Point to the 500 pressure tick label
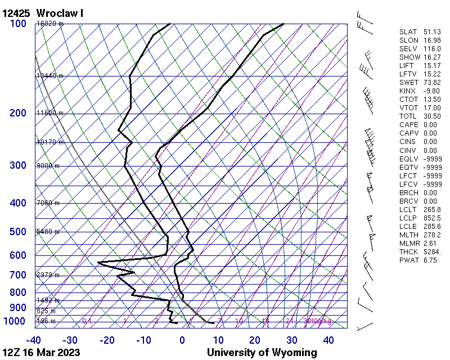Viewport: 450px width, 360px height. pyautogui.click(x=18, y=232)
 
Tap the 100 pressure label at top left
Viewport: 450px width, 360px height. pyautogui.click(x=18, y=24)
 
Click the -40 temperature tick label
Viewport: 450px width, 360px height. pyautogui.click(x=34, y=340)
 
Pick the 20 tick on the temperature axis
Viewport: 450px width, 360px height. pyautogui.click(x=255, y=340)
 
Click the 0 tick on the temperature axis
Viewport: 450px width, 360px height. pyautogui.click(x=182, y=340)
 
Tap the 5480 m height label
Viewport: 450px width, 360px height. pyautogui.click(x=48, y=232)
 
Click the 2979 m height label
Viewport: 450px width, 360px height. pyautogui.click(x=48, y=275)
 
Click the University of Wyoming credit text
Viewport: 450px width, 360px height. pyautogui.click(x=262, y=353)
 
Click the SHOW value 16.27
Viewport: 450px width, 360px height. pyautogui.click(x=431, y=57)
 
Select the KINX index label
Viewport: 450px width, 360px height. pyautogui.click(x=408, y=91)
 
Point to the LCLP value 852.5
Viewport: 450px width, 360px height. pyautogui.click(x=431, y=218)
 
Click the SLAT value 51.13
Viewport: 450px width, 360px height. pyautogui.click(x=431, y=32)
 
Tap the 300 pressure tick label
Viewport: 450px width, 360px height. pyautogui.click(x=18, y=165)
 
